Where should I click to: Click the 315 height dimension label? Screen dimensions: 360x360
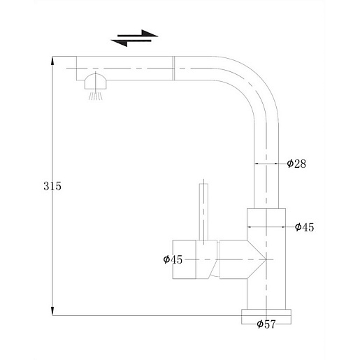(52, 186)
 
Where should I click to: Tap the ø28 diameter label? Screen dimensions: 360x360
(296, 164)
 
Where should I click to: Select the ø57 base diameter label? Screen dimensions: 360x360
(266, 324)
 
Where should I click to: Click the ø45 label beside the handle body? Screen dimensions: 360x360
(173, 259)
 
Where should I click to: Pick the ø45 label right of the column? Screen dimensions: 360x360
(304, 227)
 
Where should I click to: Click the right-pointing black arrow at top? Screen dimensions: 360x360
(138, 34)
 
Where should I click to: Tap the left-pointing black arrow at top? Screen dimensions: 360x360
(131, 42)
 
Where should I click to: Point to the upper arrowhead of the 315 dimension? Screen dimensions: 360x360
(52, 61)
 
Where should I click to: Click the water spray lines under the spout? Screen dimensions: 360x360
(95, 96)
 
